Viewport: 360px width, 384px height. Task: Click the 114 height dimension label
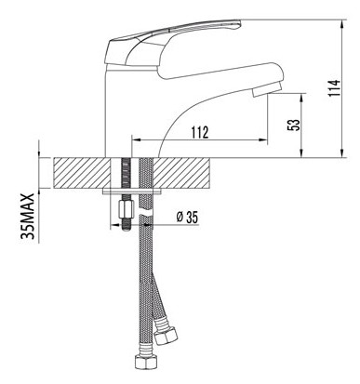point(335,88)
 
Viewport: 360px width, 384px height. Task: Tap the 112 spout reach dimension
point(200,133)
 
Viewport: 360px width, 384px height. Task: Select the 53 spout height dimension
point(296,125)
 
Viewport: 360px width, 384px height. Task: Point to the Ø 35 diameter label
point(187,217)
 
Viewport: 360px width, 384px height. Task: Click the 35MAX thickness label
point(28,217)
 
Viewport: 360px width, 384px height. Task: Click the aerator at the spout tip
point(266,89)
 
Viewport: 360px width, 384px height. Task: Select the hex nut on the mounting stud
point(127,209)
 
